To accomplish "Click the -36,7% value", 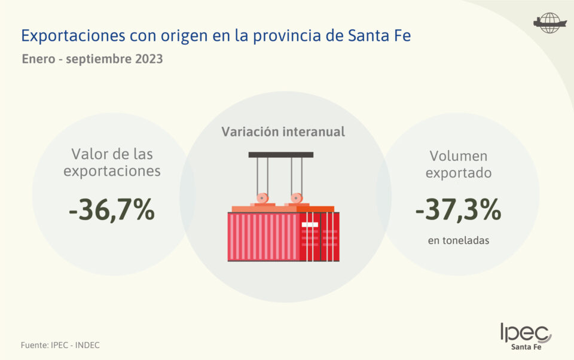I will click(112, 210).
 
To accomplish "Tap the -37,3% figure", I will click(458, 209).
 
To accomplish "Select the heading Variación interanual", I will click(283, 132).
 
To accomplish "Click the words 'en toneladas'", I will click(459, 241).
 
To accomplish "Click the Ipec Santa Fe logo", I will click(526, 336).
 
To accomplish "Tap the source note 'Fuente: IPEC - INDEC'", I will click(60, 345).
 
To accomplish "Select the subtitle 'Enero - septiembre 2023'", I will click(92, 60).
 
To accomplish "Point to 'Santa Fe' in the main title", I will click(379, 36).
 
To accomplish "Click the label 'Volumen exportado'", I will click(459, 164).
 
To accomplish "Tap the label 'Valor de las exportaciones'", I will click(112, 163).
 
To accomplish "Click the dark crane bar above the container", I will click(281, 155).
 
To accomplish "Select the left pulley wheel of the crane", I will click(262, 198).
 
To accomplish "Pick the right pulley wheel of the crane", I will click(295, 198).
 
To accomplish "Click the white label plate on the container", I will click(310, 224).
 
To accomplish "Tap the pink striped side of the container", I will click(263, 236).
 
